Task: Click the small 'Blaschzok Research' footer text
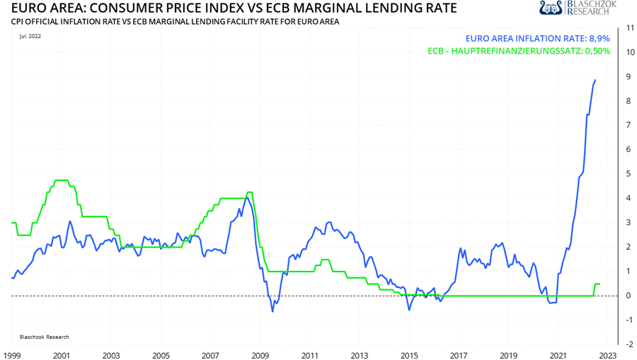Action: coord(40,337)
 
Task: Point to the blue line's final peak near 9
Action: coord(595,80)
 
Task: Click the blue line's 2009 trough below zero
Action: coord(272,311)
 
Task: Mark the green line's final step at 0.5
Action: coord(597,284)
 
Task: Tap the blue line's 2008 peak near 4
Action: coord(246,198)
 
